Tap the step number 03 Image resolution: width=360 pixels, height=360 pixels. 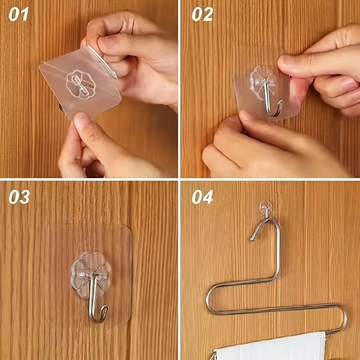19,197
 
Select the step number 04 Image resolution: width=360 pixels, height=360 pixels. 202,197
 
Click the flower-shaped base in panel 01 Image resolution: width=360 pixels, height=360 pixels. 80,84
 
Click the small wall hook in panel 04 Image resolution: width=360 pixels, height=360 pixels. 265,208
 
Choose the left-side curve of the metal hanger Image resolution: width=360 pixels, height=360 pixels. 209,301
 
